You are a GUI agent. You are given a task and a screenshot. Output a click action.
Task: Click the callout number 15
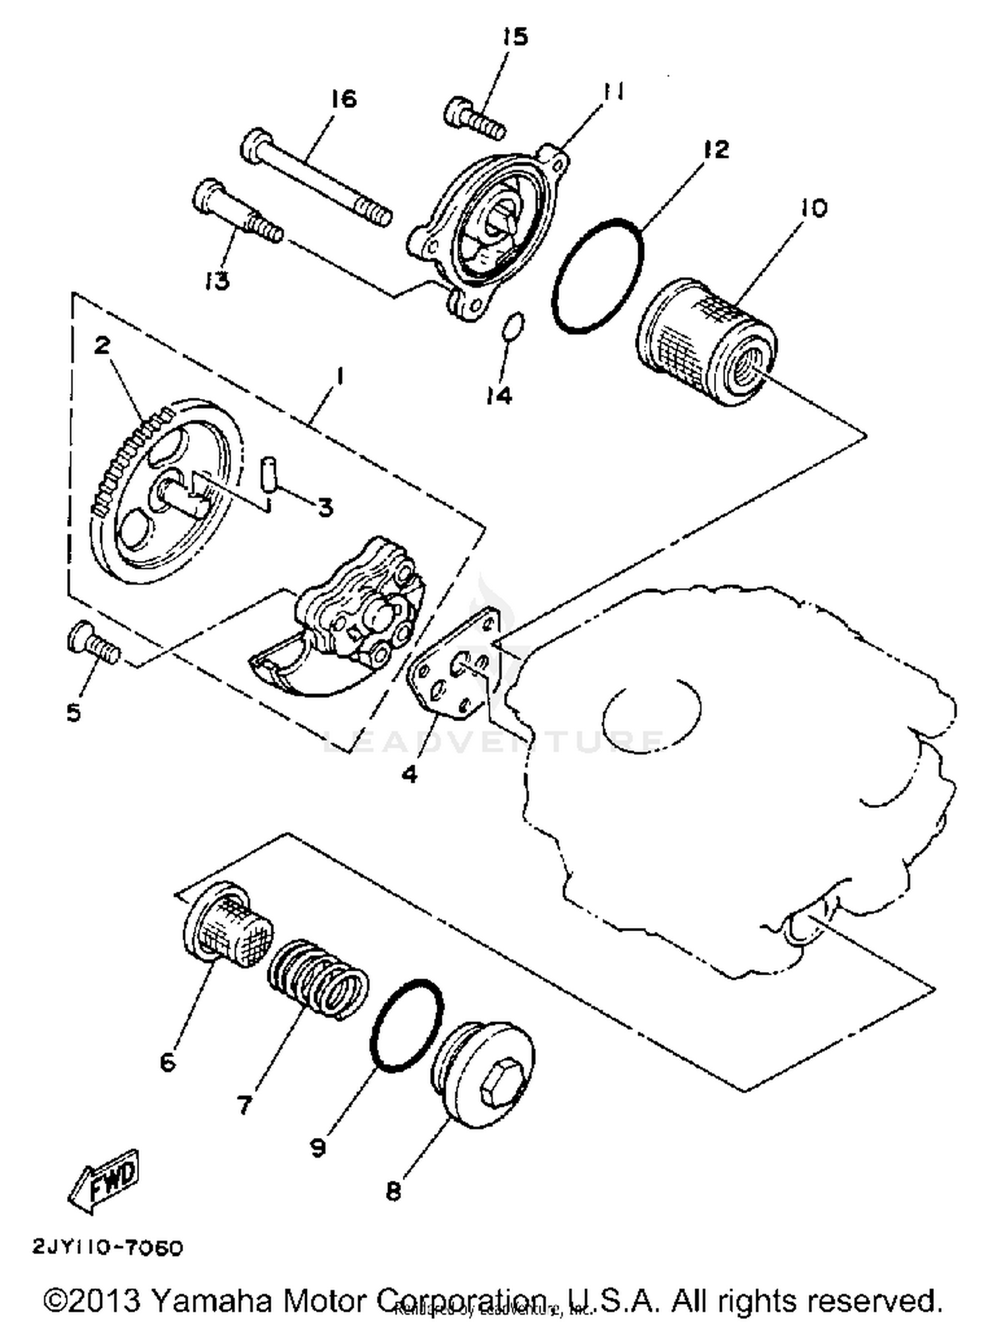point(515,37)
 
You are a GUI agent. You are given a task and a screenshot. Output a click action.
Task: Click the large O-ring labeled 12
point(598,275)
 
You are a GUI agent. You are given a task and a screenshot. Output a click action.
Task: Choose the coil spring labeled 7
point(318,979)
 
